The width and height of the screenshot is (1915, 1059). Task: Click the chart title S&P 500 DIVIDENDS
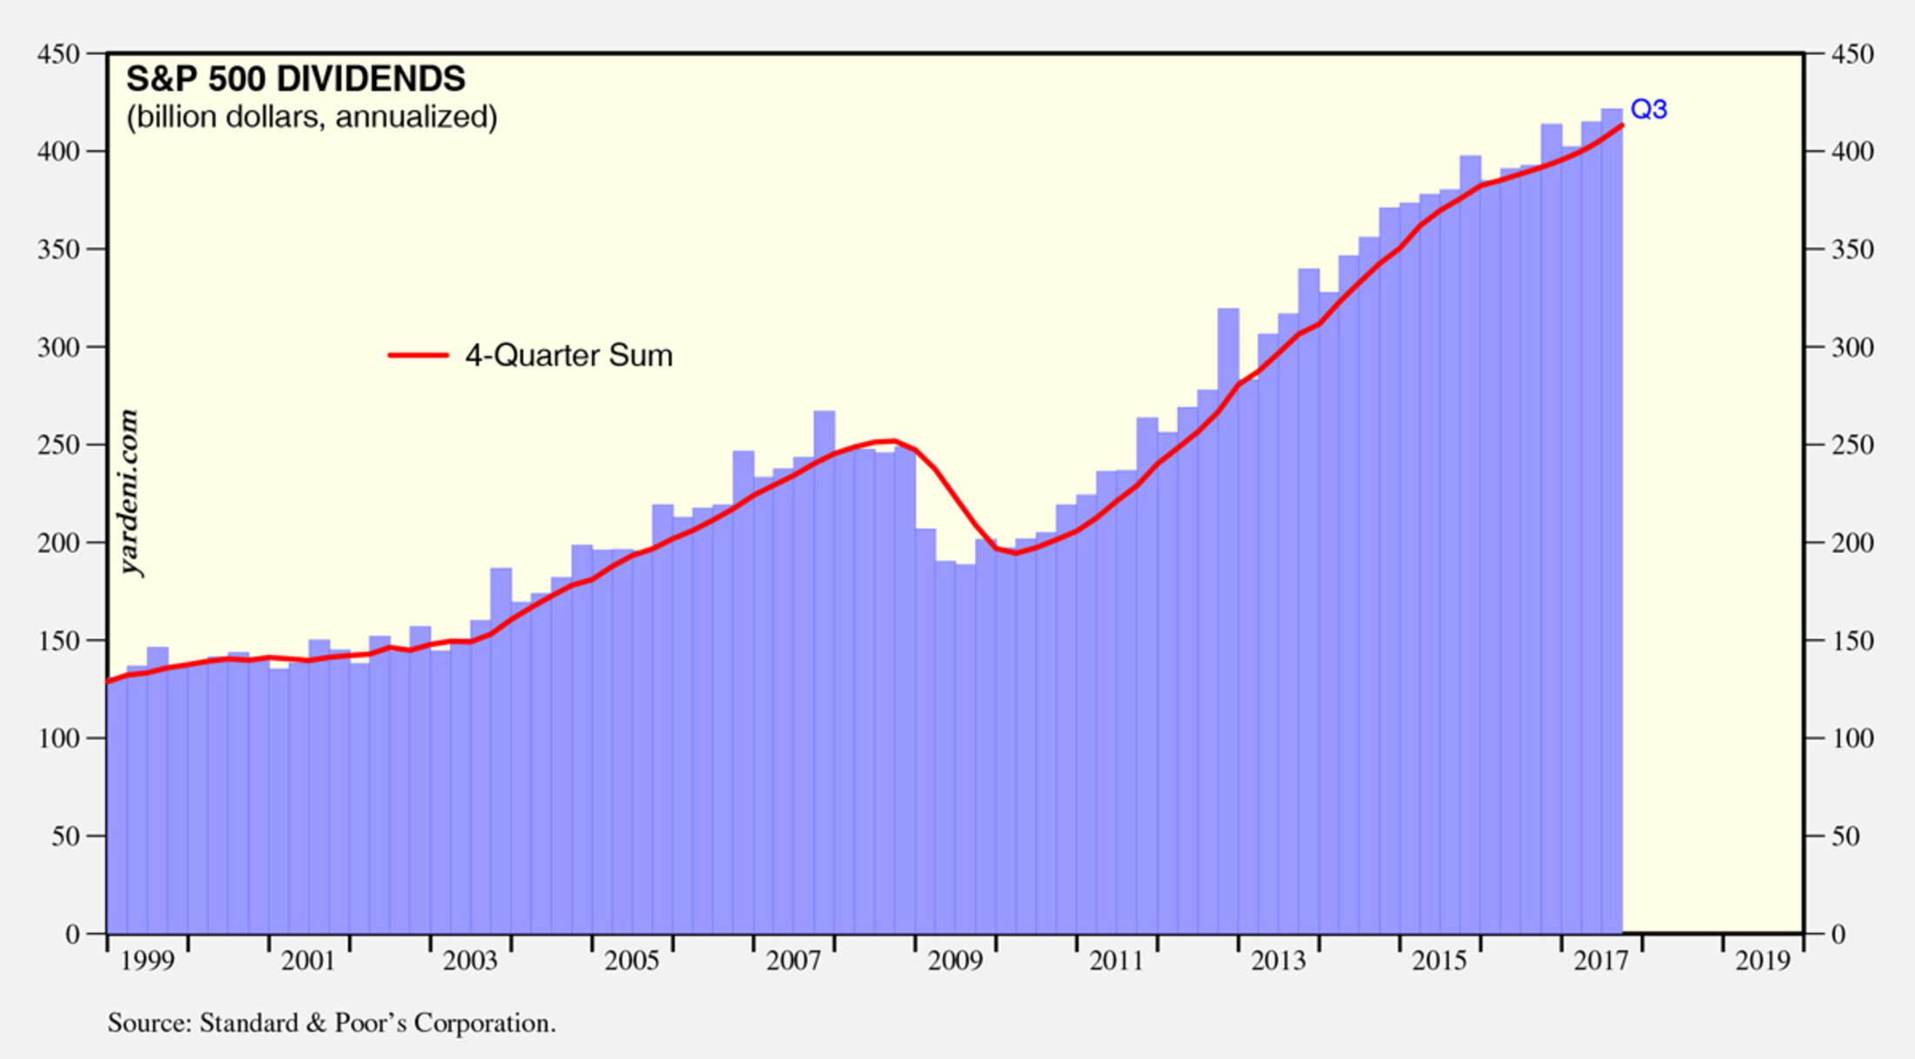click(x=296, y=79)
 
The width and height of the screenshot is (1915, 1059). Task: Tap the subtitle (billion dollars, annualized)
click(x=312, y=117)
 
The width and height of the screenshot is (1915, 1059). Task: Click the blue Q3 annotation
click(x=1649, y=110)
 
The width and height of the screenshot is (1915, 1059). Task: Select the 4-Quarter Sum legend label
click(x=568, y=355)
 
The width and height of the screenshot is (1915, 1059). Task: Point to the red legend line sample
click(x=418, y=355)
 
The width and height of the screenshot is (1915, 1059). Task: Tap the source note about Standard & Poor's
click(x=332, y=1022)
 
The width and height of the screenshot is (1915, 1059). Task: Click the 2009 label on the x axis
click(x=955, y=961)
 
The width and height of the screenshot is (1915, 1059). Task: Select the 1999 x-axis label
click(x=147, y=961)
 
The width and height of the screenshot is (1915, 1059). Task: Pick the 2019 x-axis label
click(x=1763, y=961)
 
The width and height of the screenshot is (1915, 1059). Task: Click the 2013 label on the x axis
click(x=1278, y=961)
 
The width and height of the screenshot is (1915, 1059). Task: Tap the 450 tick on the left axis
click(x=58, y=54)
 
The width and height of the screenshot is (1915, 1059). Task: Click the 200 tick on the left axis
click(x=58, y=543)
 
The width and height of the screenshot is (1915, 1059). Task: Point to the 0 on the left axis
click(x=72, y=934)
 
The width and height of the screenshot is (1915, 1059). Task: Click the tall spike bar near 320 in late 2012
click(x=1228, y=331)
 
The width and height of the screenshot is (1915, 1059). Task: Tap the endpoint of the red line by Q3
click(x=1621, y=126)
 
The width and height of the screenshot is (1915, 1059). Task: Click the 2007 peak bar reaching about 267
click(x=824, y=427)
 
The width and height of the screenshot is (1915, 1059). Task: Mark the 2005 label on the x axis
click(x=632, y=961)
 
